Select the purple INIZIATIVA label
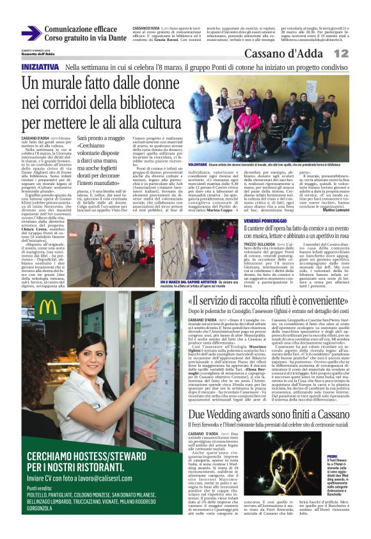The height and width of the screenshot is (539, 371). coord(40,67)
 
